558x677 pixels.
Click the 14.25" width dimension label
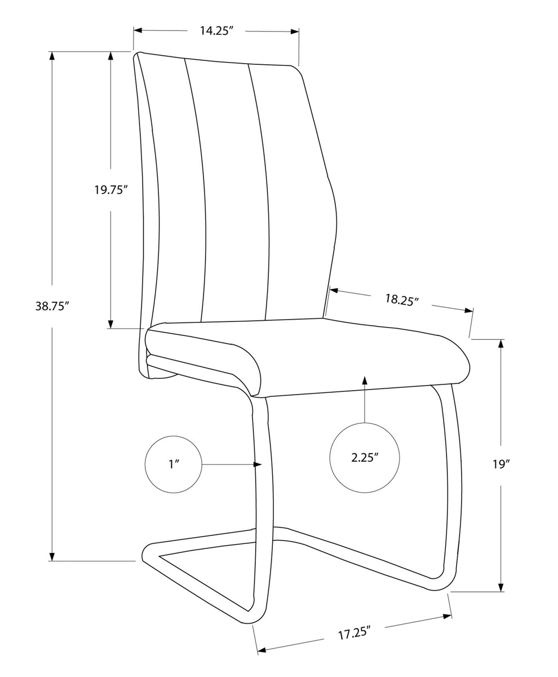(216, 31)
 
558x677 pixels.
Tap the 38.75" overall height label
(52, 306)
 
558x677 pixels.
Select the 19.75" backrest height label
(109, 189)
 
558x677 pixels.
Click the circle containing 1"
(174, 464)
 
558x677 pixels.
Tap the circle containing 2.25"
(365, 458)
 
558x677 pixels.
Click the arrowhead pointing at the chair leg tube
(258, 464)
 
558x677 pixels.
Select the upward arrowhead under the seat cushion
(365, 380)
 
